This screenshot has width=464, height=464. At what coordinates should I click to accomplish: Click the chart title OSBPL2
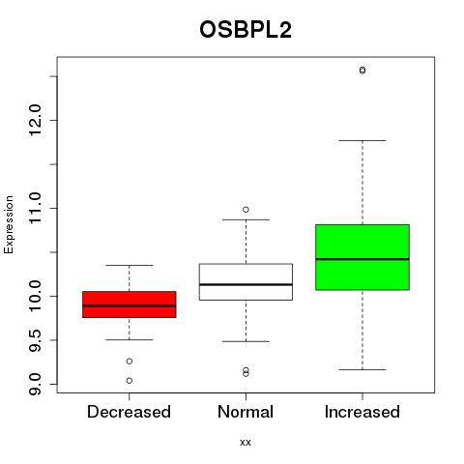coord(246,30)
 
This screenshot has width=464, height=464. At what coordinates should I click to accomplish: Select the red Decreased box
coord(130,304)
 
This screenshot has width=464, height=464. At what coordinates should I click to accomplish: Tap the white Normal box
coord(246,282)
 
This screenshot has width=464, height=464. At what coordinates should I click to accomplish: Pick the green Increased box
coord(362,257)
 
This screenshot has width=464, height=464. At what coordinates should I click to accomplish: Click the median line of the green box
coord(362,259)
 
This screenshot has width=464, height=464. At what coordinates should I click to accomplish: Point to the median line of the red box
coord(130,305)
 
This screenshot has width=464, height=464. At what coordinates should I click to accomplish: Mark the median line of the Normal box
coord(246,284)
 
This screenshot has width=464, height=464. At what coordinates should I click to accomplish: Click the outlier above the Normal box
coord(246,210)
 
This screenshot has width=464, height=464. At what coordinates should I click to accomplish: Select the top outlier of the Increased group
coord(362,70)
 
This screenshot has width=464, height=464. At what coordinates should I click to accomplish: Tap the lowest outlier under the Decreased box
coord(130,381)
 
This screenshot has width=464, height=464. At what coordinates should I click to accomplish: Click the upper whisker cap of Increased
coord(362,140)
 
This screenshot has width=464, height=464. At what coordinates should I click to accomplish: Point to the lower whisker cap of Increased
coord(362,369)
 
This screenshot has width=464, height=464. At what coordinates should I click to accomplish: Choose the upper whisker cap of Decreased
coord(130,265)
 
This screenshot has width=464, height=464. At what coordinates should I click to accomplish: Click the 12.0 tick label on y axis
coord(35,120)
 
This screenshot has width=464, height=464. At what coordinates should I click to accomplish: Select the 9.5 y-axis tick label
coord(35,340)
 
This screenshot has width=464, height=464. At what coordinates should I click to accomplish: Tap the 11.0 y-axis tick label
coord(35,208)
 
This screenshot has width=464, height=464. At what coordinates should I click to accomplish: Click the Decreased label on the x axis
coord(129,412)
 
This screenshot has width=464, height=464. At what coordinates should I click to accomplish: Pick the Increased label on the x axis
coord(362,412)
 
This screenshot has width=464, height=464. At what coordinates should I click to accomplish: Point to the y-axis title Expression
coord(9,224)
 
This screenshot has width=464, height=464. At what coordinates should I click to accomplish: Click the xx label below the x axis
coord(246,443)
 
